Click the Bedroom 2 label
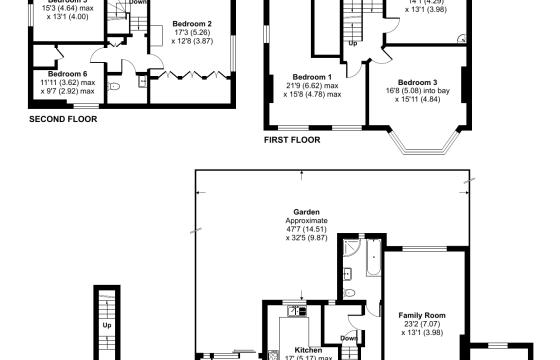click(x=191, y=23)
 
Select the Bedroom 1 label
click(x=312, y=77)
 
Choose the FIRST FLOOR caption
click(x=292, y=141)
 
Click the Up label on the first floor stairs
click(x=353, y=44)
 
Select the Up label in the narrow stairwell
click(x=106, y=325)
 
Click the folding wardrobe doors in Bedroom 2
click(x=191, y=73)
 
